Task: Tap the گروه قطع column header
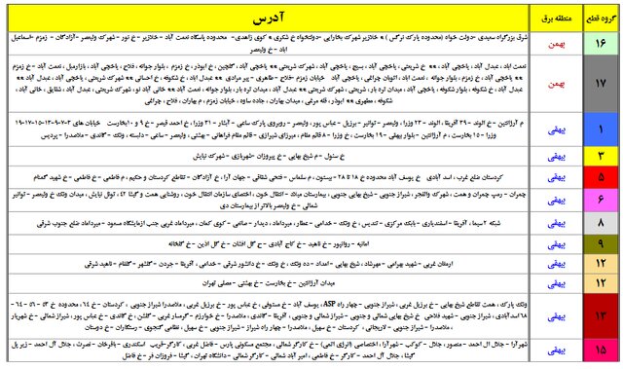[599, 18]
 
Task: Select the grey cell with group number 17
[600, 88]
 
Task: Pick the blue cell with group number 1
[600, 129]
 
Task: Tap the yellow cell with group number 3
[600, 155]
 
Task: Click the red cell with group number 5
[600, 178]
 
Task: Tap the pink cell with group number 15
[600, 351]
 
